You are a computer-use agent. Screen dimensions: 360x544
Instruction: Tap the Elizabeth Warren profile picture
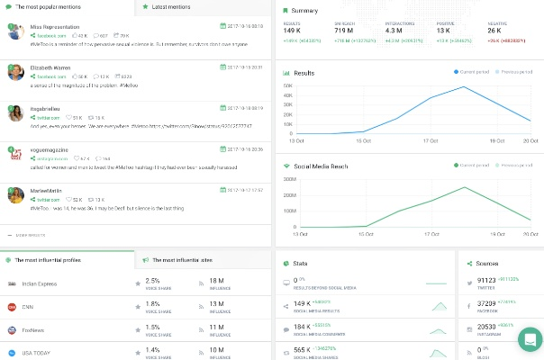(15, 72)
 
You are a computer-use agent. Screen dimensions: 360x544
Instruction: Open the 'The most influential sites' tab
(181, 259)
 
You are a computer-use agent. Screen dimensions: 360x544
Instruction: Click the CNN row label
(35, 306)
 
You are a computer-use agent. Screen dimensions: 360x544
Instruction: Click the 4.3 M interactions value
(394, 30)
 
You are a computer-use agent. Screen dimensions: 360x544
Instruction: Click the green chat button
(530, 340)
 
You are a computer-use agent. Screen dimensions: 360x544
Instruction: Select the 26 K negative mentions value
(495, 30)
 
